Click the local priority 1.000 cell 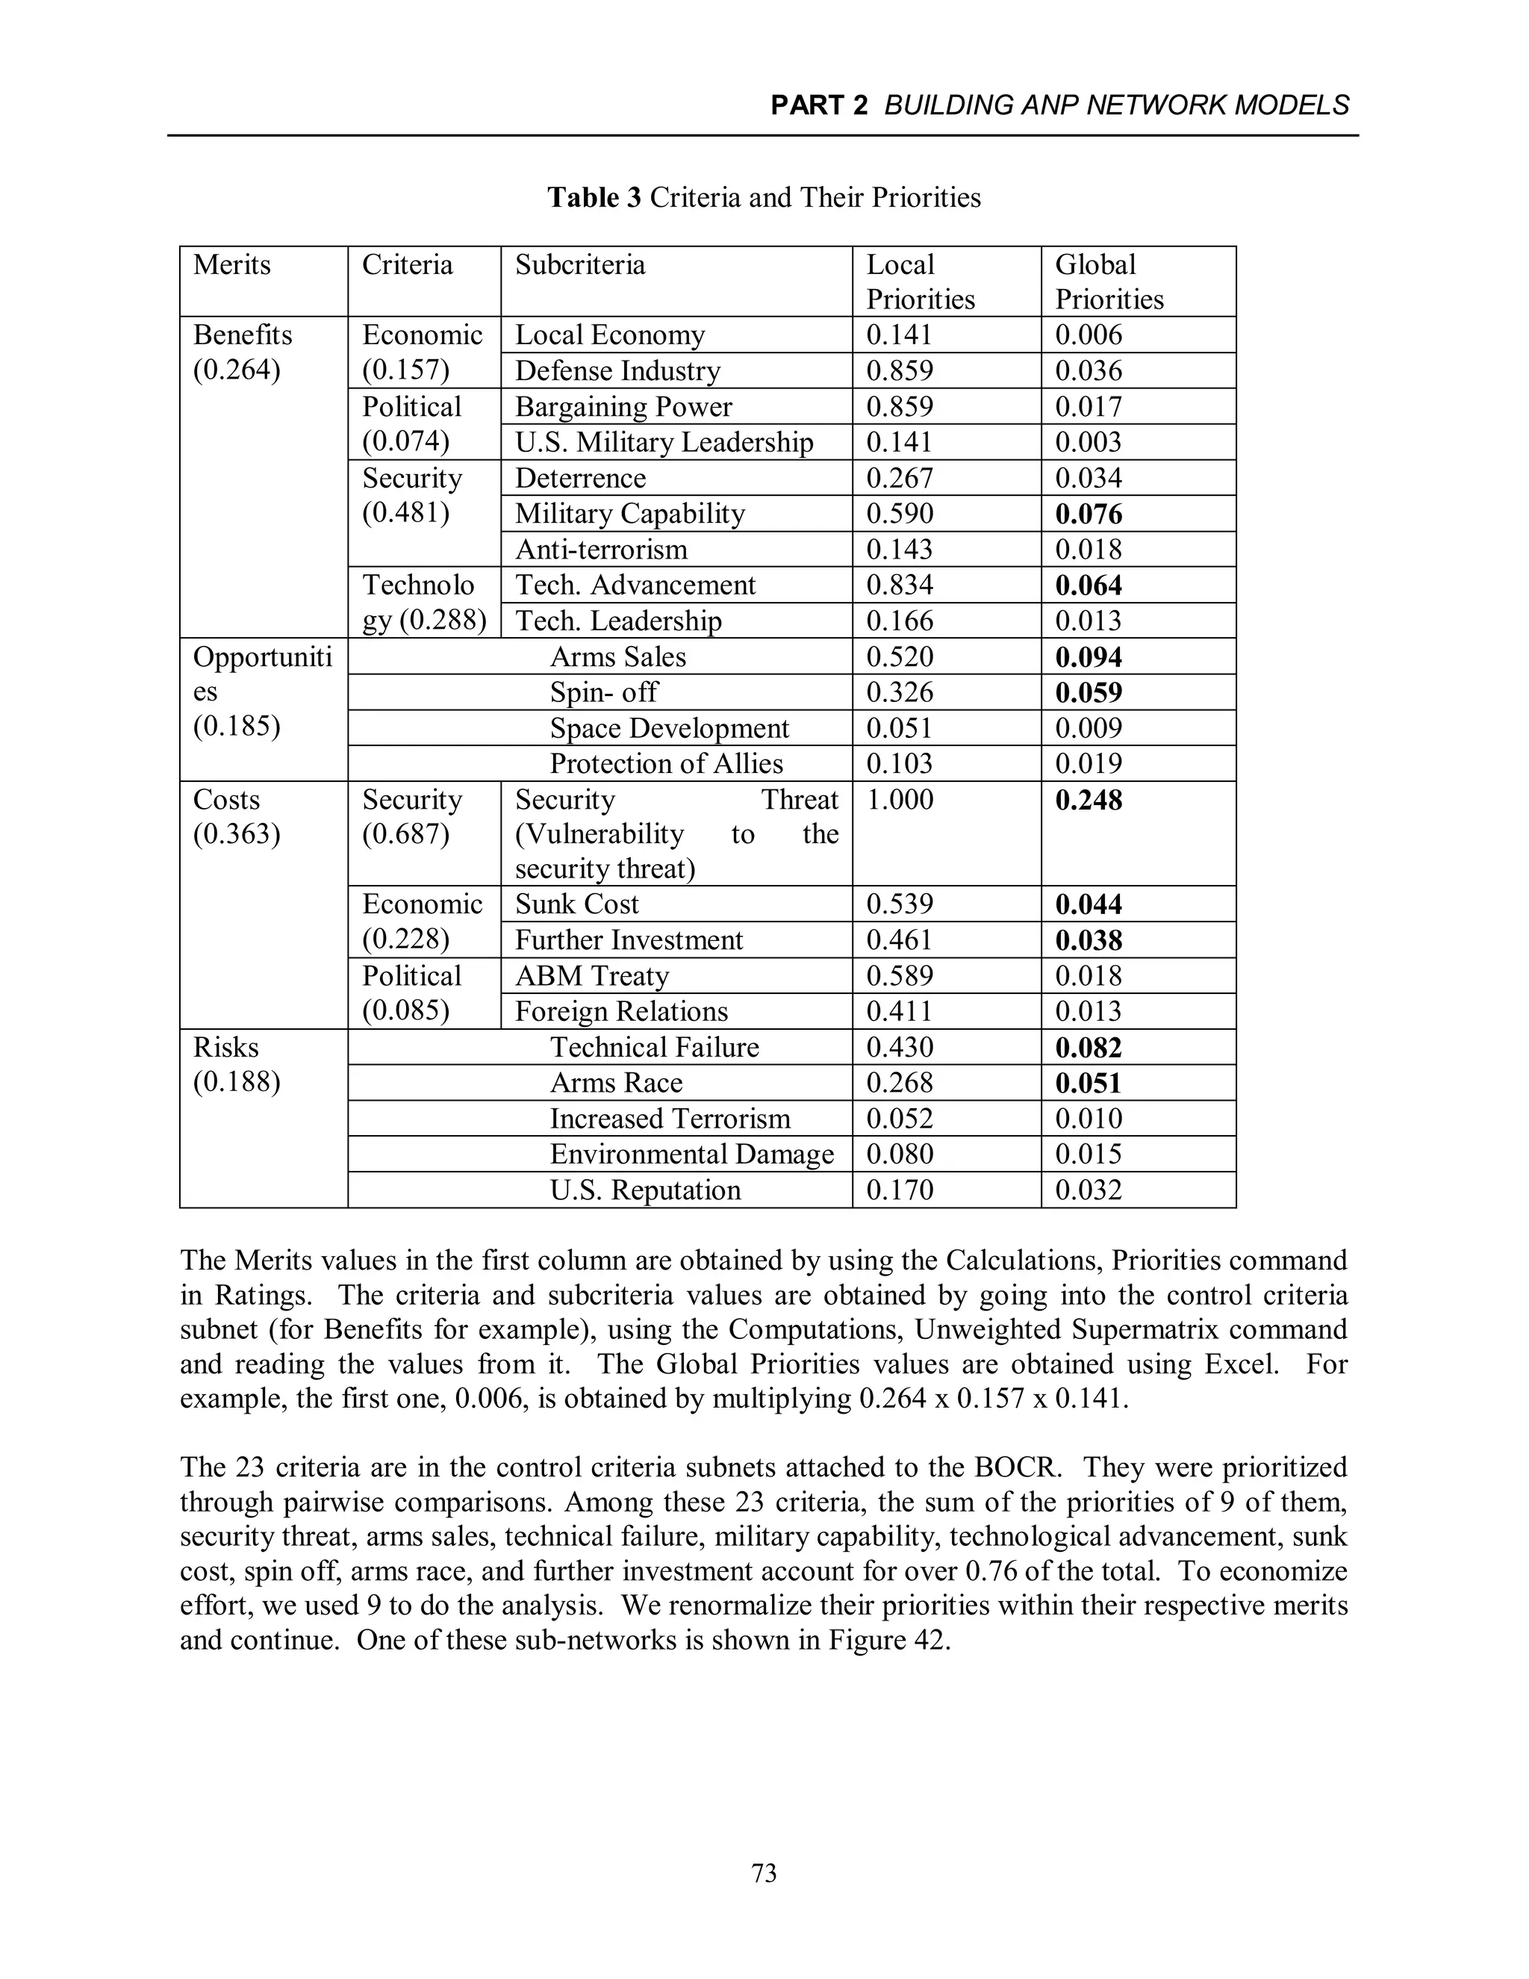click(899, 800)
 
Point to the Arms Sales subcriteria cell click(617, 657)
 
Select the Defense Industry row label click(617, 370)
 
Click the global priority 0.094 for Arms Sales click(1088, 657)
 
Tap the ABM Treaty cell click(591, 976)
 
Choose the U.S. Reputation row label click(645, 1190)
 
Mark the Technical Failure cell click(654, 1048)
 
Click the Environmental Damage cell click(691, 1155)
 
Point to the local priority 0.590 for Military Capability click(899, 514)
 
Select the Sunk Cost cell click(576, 904)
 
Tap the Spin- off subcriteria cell click(603, 692)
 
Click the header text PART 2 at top click(818, 106)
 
